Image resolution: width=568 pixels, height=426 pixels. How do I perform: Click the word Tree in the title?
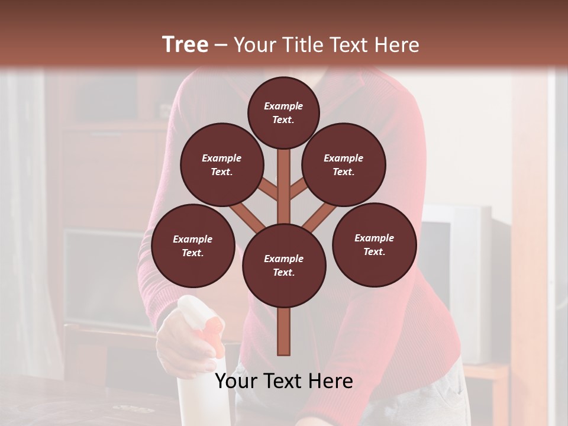pos(185,45)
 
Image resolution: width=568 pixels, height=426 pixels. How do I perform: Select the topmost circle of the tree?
pos(283,112)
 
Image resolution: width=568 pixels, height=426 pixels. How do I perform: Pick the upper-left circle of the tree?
pos(221,165)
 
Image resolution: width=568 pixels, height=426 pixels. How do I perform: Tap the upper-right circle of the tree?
pos(343,165)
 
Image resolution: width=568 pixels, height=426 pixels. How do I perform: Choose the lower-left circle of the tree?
pos(192,246)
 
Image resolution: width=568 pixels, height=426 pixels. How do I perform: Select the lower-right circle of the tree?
pos(374,245)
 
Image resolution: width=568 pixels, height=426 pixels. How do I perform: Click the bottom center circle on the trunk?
pos(283,266)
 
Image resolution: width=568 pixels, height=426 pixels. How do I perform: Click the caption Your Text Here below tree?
pos(283,381)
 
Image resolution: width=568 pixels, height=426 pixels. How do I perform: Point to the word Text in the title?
pos(349,45)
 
